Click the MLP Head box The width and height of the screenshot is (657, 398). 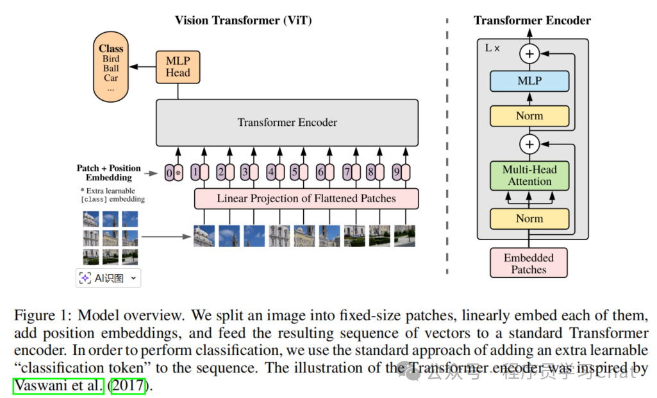click(178, 66)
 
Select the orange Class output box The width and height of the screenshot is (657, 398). click(111, 68)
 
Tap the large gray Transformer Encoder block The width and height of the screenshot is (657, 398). click(287, 123)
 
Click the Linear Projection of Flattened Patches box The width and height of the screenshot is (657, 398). click(306, 198)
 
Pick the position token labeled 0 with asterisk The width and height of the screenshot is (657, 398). click(174, 173)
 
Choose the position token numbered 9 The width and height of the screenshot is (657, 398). click(401, 173)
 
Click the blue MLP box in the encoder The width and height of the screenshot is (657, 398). click(529, 81)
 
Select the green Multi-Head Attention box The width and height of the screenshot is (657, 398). click(529, 176)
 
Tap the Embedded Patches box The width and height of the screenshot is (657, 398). click(529, 263)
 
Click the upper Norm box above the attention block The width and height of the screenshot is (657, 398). click(529, 116)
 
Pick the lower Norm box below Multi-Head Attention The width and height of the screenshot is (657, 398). click(529, 218)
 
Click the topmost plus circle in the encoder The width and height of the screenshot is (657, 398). click(529, 54)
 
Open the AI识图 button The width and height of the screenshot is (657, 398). click(108, 278)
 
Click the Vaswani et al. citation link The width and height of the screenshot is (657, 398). click(58, 386)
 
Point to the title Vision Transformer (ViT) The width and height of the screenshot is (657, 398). click(244, 21)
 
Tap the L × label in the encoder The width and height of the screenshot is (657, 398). click(492, 49)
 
